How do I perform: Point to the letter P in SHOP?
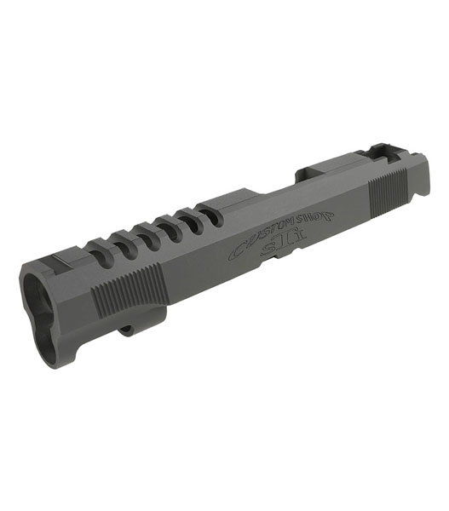pos(328,215)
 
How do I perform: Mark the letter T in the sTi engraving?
pos(287,242)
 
